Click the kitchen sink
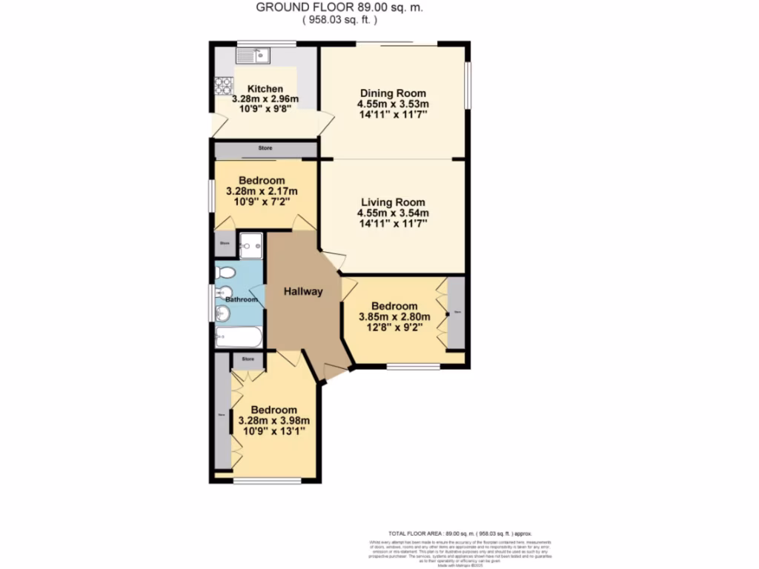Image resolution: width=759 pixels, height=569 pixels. (x=254, y=54)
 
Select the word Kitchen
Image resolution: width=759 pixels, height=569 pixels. (x=265, y=89)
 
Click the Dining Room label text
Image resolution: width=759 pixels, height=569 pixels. (x=393, y=93)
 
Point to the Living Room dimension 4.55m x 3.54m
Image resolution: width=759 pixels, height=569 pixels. (x=393, y=213)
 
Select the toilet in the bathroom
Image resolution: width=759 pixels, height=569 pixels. (x=225, y=273)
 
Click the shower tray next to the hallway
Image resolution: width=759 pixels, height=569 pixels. (x=251, y=245)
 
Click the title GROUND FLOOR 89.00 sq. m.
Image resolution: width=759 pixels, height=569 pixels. (x=340, y=7)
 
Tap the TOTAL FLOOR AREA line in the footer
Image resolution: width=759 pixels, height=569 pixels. (x=460, y=533)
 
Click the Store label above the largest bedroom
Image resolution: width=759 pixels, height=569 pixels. (x=248, y=359)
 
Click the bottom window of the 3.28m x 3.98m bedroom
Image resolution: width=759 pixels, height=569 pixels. (x=267, y=482)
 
